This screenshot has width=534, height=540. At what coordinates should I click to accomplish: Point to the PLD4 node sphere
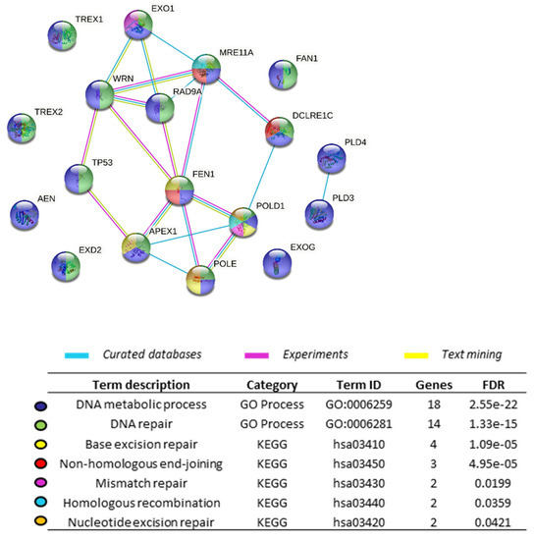click(334, 159)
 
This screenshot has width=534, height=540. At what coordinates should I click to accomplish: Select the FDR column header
click(491, 385)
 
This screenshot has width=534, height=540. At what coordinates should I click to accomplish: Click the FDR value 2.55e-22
click(491, 404)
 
